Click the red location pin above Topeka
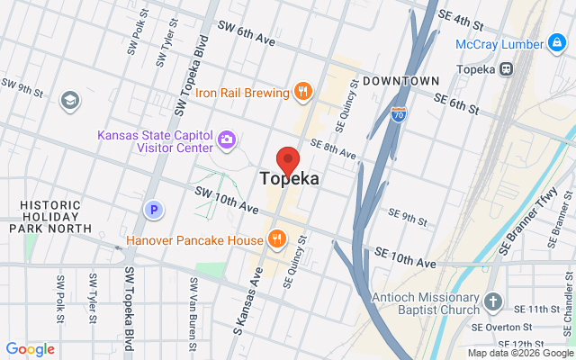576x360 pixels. click(288, 159)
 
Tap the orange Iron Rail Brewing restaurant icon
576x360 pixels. click(302, 91)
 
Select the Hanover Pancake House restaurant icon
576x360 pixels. click(277, 239)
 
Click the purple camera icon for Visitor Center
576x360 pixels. click(227, 140)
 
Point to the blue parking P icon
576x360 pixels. click(154, 210)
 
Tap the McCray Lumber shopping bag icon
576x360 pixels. click(559, 43)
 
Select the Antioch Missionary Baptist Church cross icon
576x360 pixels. click(492, 301)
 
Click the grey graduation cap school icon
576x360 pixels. click(69, 101)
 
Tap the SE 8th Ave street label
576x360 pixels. click(333, 148)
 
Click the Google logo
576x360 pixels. click(30, 349)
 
